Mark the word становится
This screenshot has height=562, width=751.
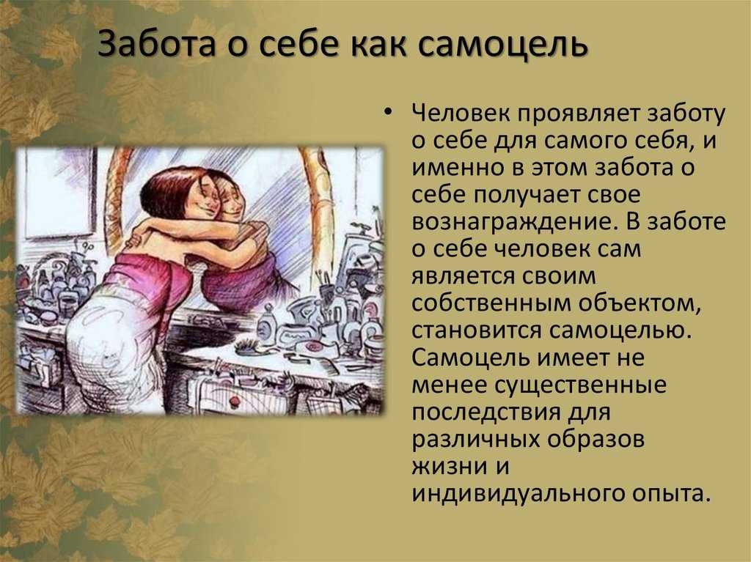477,330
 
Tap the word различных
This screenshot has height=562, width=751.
475,440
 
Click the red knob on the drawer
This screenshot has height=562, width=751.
234,400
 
